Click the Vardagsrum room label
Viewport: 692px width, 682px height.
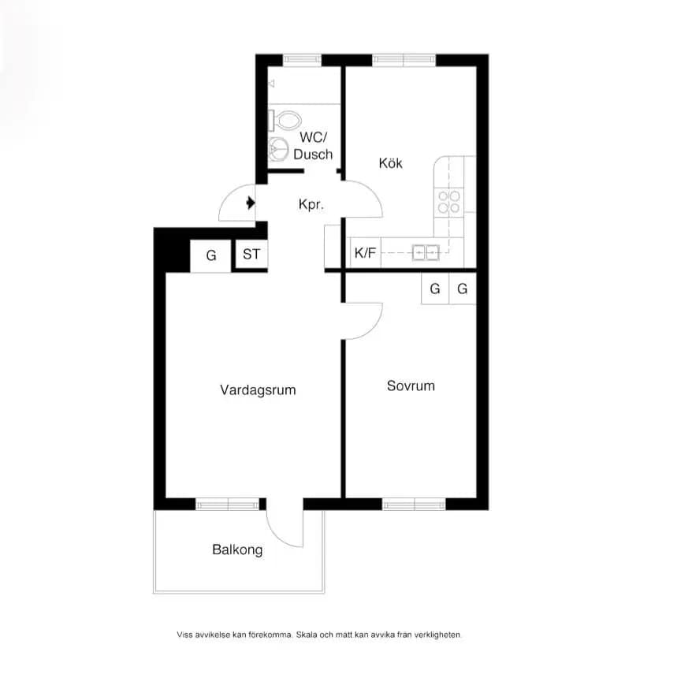point(258,390)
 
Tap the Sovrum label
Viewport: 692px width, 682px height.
point(411,386)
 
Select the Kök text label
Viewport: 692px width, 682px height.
point(391,163)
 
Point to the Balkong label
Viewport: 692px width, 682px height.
point(237,550)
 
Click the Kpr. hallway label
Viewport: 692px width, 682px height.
point(311,204)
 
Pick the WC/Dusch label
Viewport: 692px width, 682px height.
point(313,146)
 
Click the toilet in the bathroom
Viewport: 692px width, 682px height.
point(285,120)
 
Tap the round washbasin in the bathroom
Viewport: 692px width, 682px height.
point(278,148)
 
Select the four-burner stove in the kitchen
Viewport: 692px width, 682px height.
point(448,202)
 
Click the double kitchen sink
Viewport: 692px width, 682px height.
point(426,252)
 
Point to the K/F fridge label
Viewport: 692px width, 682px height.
point(366,253)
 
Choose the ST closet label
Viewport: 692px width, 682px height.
point(251,254)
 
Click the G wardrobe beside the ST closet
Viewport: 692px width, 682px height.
point(211,255)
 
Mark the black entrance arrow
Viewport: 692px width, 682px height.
point(251,203)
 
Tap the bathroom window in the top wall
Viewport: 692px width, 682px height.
point(302,60)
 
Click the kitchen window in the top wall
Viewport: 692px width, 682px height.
point(404,60)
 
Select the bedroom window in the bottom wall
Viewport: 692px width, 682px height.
point(414,504)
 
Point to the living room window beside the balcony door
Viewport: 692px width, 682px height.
point(227,504)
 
